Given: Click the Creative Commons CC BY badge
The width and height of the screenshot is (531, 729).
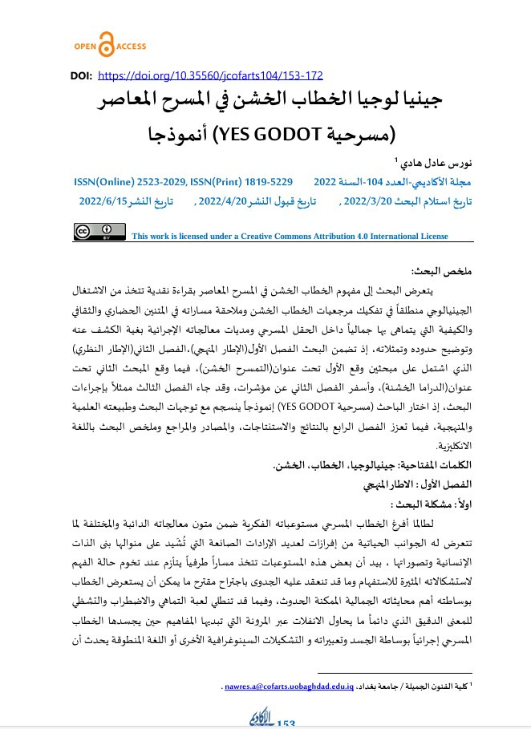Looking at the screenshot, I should point(100,232).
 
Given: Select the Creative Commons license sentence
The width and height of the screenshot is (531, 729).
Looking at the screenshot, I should point(290,237).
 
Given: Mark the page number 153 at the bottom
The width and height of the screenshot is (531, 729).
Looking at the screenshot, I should point(286,723).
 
